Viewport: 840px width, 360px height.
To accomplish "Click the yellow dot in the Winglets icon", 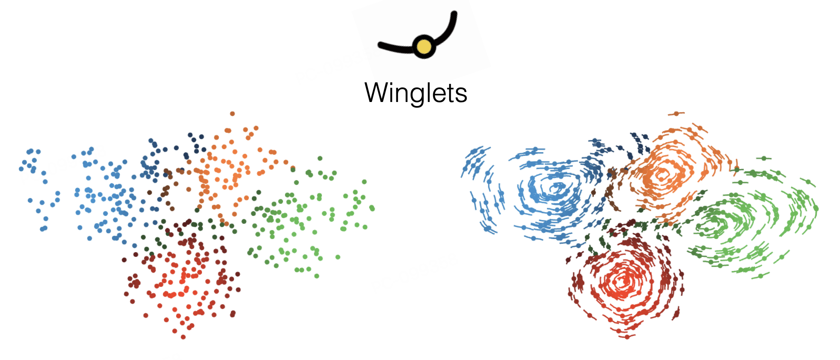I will pos(424,47).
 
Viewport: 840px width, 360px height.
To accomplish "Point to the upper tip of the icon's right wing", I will pos(454,14).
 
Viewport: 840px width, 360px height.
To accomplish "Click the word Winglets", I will pos(416,93).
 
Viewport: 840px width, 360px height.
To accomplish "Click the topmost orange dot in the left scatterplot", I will pos(232,114).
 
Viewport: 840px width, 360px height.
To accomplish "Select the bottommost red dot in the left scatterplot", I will pos(183,337).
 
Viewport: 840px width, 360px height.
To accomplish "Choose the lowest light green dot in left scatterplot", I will pos(317,276).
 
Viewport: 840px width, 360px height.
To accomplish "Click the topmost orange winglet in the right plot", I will pos(676,114).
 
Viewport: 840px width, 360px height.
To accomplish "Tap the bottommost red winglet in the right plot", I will pos(627,337).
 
